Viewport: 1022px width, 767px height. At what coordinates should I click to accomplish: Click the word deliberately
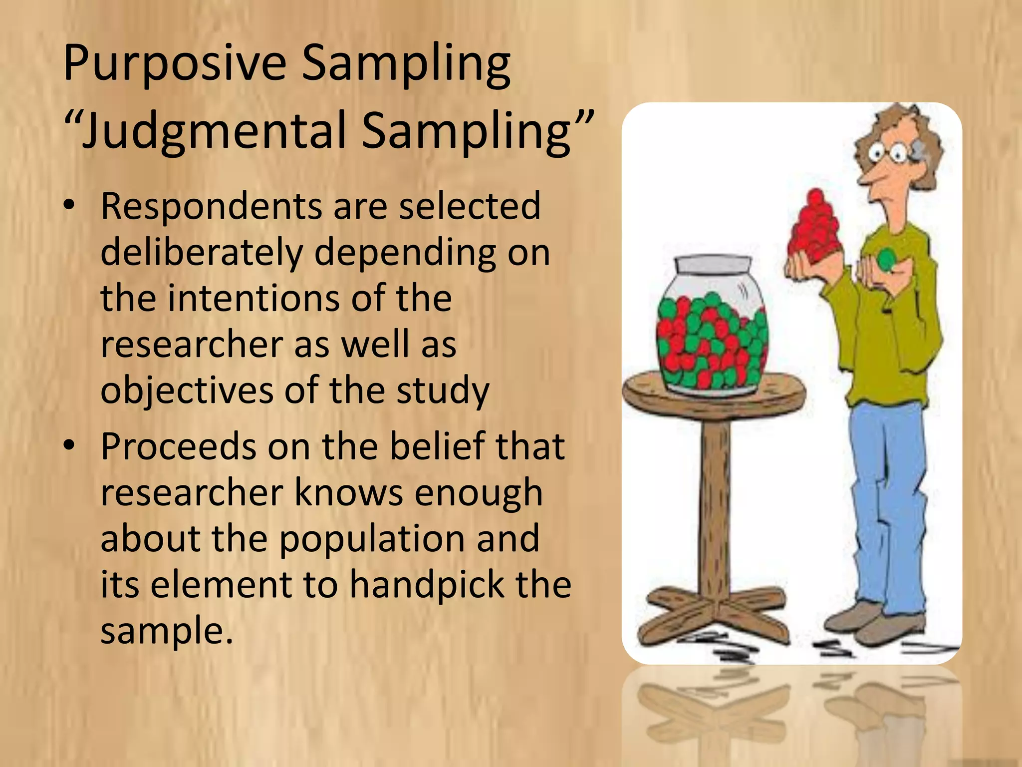click(202, 253)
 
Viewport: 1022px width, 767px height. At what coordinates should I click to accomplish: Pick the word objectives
click(187, 391)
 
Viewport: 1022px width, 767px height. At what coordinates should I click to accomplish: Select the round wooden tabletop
click(714, 394)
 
